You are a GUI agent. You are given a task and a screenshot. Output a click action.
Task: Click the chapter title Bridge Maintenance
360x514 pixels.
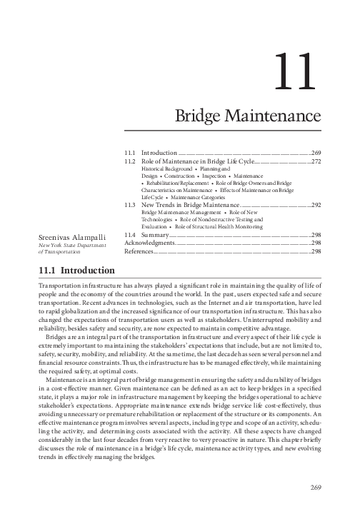click(x=247, y=115)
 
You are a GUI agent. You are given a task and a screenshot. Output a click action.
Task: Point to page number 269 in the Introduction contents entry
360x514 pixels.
click(x=316, y=153)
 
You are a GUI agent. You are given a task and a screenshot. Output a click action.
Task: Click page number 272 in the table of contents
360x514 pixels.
click(x=316, y=162)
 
